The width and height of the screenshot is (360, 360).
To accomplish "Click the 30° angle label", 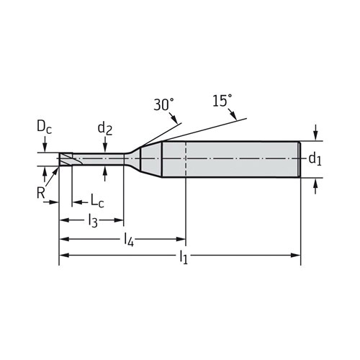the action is (x=163, y=104).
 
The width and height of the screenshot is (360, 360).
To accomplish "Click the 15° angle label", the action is (x=222, y=101).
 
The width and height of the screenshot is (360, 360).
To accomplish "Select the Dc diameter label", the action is (x=44, y=127).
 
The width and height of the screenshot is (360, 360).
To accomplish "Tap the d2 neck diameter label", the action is (x=105, y=128).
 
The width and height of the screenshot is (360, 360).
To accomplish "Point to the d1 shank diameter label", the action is (x=315, y=158).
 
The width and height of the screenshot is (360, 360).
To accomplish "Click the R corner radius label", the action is (x=40, y=193).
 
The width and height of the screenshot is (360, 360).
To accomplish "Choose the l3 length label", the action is (x=93, y=220).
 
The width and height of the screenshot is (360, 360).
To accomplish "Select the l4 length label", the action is (x=128, y=240).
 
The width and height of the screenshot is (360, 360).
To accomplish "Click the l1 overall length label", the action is (x=184, y=257).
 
